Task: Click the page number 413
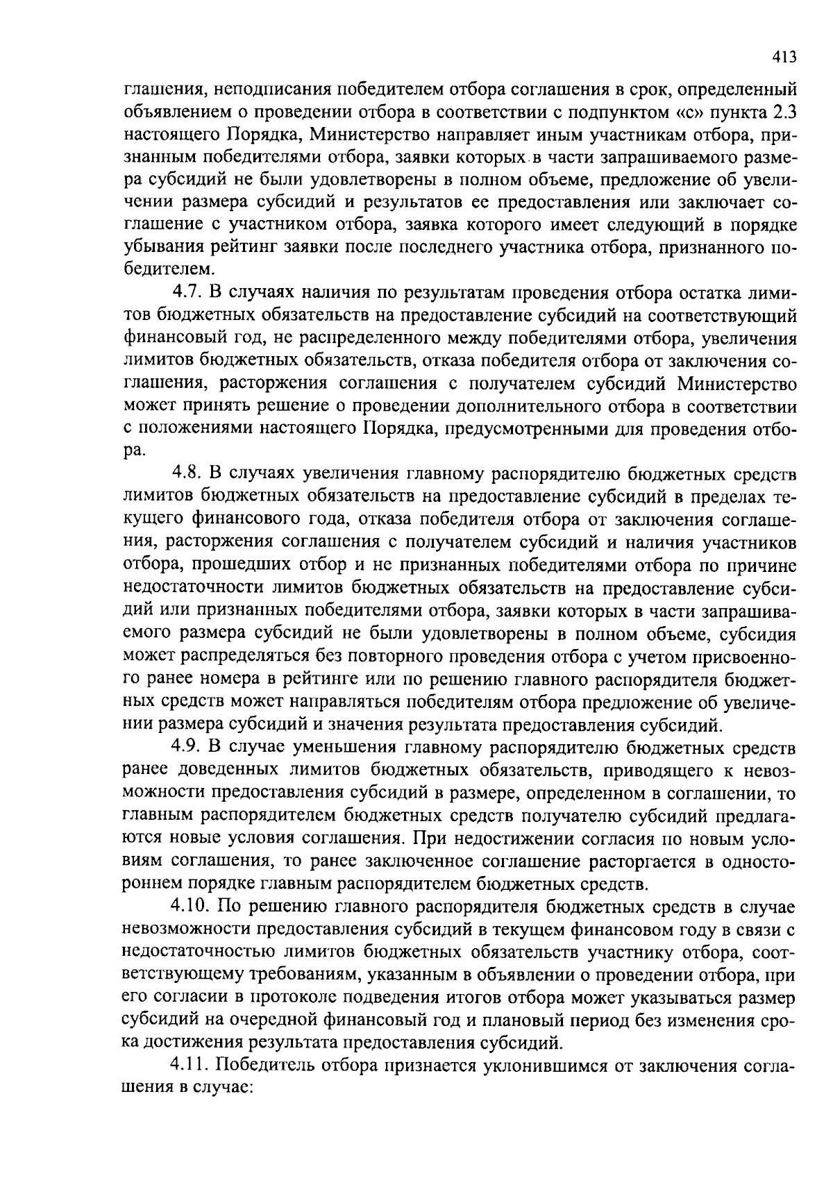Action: coord(783,58)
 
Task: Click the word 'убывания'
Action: coord(157,249)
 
